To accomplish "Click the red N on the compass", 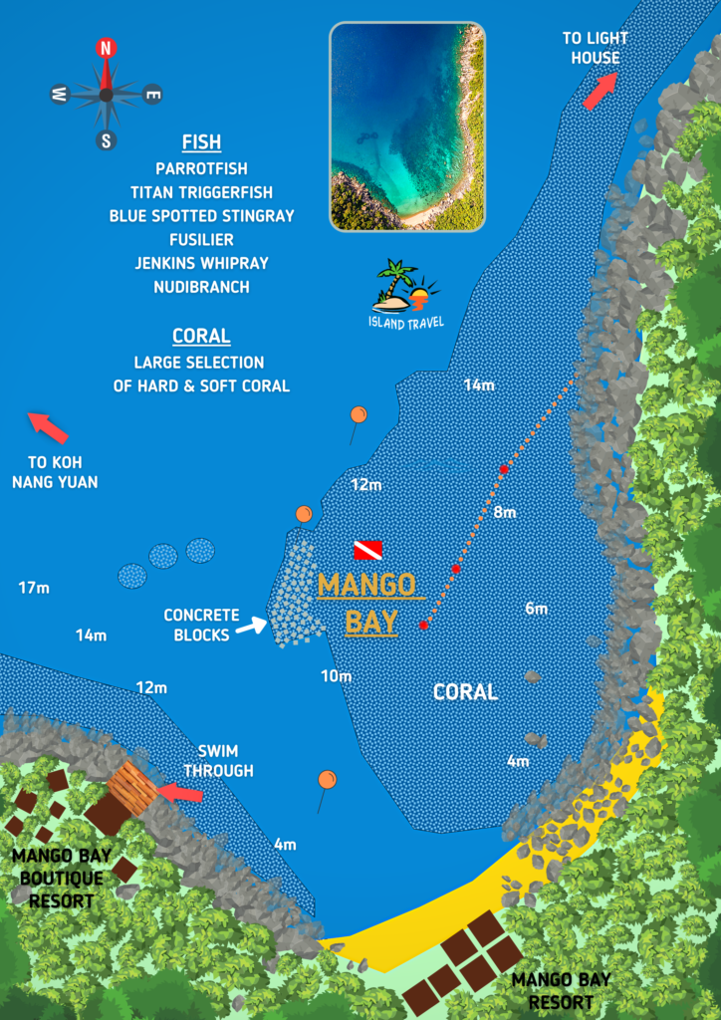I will coord(107,47).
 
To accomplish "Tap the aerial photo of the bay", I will coord(406,127).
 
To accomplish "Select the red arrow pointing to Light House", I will coord(599,91).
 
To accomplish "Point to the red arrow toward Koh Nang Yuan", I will coord(48,427).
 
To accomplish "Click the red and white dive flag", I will coord(367,550).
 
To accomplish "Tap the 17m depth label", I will coord(34,588).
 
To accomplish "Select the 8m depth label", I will coord(505,512).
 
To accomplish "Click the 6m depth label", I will coord(537,608).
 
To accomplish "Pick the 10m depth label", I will coord(337,676).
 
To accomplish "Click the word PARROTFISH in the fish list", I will coord(201,168).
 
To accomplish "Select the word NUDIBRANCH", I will coord(201,287).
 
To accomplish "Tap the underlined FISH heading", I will coord(201,141).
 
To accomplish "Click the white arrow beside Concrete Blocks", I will coord(253,626).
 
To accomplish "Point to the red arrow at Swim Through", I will coord(181,794).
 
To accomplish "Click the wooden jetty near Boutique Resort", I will coord(132,788).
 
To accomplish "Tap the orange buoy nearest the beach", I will coord(327,779).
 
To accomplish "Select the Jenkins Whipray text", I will coord(201,263).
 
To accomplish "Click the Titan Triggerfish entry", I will coord(201,192).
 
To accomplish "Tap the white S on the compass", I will coord(107,140).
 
